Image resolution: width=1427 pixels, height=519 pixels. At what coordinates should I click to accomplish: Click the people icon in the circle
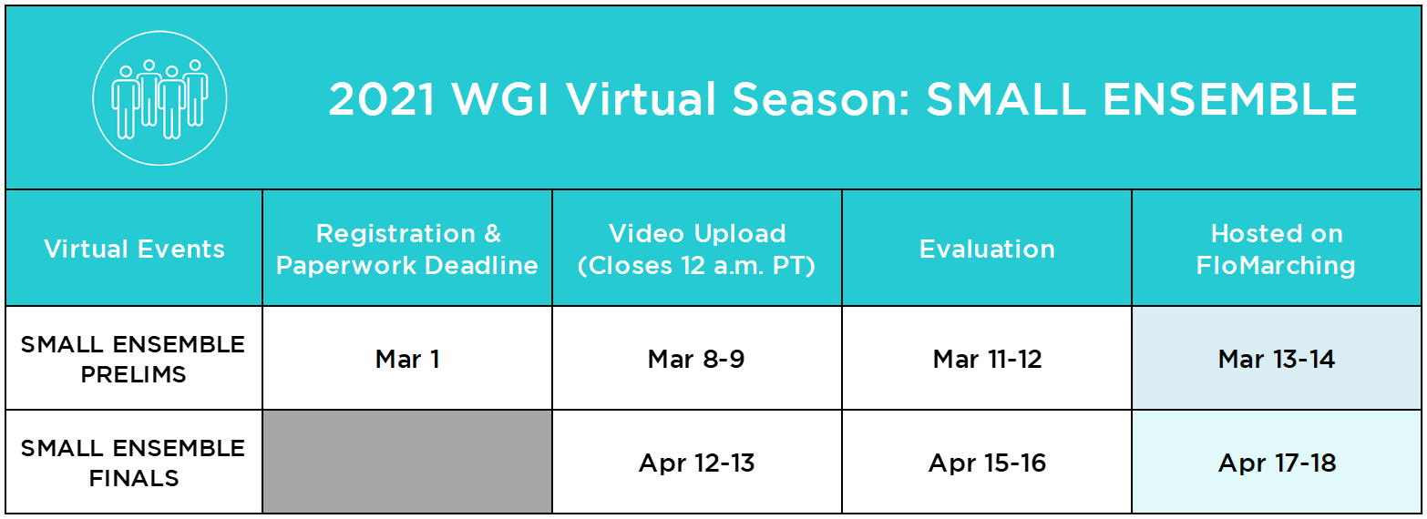pyautogui.click(x=159, y=98)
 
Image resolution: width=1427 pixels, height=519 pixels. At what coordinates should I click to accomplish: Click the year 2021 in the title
pyautogui.click(x=382, y=99)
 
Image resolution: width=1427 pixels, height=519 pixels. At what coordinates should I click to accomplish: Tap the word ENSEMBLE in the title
pyautogui.click(x=1230, y=99)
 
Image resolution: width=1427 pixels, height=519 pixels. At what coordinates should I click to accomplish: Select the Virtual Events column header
pyautogui.click(x=135, y=249)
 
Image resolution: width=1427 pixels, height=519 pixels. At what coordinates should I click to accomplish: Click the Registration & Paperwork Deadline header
pyautogui.click(x=407, y=249)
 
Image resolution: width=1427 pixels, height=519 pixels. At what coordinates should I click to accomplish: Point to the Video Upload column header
pyautogui.click(x=697, y=249)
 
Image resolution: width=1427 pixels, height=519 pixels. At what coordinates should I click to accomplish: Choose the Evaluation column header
pyautogui.click(x=987, y=249)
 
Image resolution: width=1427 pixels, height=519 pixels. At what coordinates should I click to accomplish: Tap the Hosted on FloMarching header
pyautogui.click(x=1276, y=249)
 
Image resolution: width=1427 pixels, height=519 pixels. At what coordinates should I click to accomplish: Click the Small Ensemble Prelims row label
pyautogui.click(x=133, y=359)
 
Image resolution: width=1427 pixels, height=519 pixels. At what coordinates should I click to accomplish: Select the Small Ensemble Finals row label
pyautogui.click(x=133, y=463)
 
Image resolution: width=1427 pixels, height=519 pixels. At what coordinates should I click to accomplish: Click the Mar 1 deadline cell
pyautogui.click(x=407, y=359)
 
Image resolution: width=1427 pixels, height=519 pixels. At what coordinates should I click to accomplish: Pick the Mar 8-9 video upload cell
pyautogui.click(x=696, y=359)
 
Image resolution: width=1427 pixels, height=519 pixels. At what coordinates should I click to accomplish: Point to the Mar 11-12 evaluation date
pyautogui.click(x=987, y=359)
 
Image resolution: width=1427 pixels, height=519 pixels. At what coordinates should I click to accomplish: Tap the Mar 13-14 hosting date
pyautogui.click(x=1276, y=359)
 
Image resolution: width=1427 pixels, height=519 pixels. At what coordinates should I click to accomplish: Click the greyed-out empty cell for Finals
pyautogui.click(x=407, y=462)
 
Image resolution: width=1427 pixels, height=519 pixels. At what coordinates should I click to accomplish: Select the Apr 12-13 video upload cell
pyautogui.click(x=696, y=463)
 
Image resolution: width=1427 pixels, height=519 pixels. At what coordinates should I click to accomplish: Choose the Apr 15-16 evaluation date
pyautogui.click(x=987, y=463)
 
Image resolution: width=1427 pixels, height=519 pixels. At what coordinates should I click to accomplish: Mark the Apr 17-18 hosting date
pyautogui.click(x=1276, y=463)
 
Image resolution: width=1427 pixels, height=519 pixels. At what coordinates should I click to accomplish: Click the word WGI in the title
pyautogui.click(x=500, y=99)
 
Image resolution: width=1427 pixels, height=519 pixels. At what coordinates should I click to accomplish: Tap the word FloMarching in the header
pyautogui.click(x=1276, y=266)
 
